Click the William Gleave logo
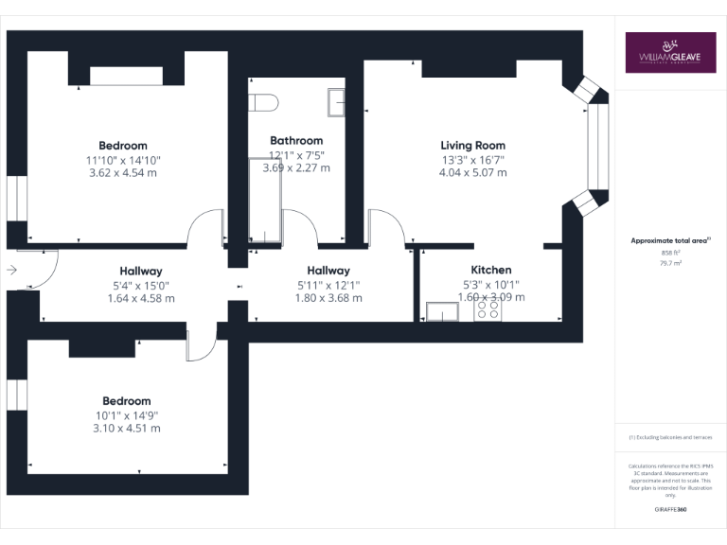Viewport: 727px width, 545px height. tap(670, 53)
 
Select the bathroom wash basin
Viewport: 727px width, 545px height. tap(336, 100)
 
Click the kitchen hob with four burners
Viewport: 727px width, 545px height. tap(488, 309)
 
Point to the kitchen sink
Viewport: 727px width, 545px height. tap(442, 310)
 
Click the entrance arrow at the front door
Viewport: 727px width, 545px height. tap(11, 270)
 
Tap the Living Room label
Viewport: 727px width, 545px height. tap(472, 145)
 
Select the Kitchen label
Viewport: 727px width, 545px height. tap(490, 270)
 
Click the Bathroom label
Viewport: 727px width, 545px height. tap(296, 140)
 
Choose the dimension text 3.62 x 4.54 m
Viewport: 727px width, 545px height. tap(123, 173)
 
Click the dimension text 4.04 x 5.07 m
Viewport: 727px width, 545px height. tap(472, 172)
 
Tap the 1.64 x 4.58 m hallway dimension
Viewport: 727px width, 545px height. tap(140, 298)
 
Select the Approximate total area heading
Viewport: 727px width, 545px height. tap(669, 240)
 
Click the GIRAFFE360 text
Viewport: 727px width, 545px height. tap(670, 510)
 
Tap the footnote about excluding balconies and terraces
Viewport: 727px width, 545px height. tap(670, 437)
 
